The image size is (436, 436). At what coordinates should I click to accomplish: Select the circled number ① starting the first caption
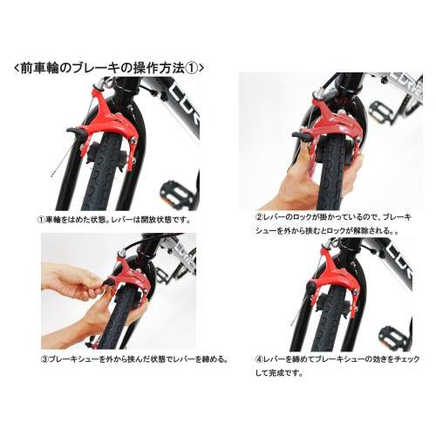(x=40, y=220)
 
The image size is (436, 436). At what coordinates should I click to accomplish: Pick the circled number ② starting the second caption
(x=259, y=215)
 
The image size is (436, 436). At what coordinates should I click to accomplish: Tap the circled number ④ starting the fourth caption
(x=259, y=358)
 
